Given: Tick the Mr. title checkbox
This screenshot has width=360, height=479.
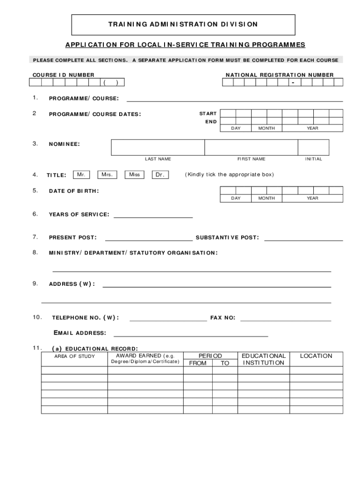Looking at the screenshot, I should coord(81,175).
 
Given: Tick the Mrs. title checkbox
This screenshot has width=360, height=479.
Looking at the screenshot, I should coord(107,175).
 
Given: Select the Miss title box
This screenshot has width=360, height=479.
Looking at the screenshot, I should coord(135,175).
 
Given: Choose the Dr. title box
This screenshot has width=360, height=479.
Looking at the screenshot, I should coord(160,175).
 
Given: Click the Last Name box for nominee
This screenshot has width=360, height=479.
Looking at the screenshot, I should coord(158,147).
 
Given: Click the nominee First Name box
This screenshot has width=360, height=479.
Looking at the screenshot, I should coord(251,147).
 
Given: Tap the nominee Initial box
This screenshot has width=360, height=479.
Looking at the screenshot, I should coord(313,147).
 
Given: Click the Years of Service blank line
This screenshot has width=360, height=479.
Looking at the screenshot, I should coord(153,216).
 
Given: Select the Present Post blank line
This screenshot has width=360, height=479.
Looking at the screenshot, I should coord(149,239).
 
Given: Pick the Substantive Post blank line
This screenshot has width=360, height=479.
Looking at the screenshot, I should coord(303,239).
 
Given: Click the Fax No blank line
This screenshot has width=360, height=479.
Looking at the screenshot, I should coord(285,319).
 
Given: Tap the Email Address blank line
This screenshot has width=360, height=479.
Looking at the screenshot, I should coord(191,335).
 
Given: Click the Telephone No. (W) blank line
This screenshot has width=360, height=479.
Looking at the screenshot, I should coord(168,319).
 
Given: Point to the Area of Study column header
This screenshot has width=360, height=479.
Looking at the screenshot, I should coord(74,356).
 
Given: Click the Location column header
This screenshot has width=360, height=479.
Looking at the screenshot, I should coord(316,356).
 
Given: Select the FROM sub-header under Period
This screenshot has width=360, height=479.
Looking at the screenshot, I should coord(197,363).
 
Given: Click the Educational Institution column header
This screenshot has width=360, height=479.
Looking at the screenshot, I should coord(264,359).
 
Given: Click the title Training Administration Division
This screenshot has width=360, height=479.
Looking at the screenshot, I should coord(183,24).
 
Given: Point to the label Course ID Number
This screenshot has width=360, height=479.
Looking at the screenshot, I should coord(63,75).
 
